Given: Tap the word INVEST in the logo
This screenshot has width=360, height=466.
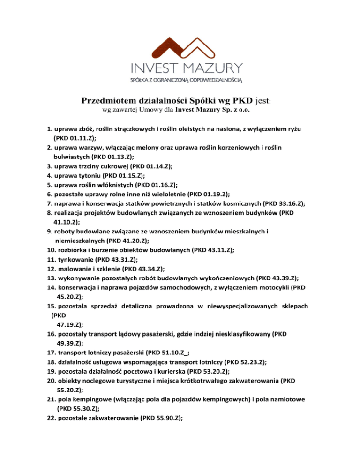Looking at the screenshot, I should tap(156, 68).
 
